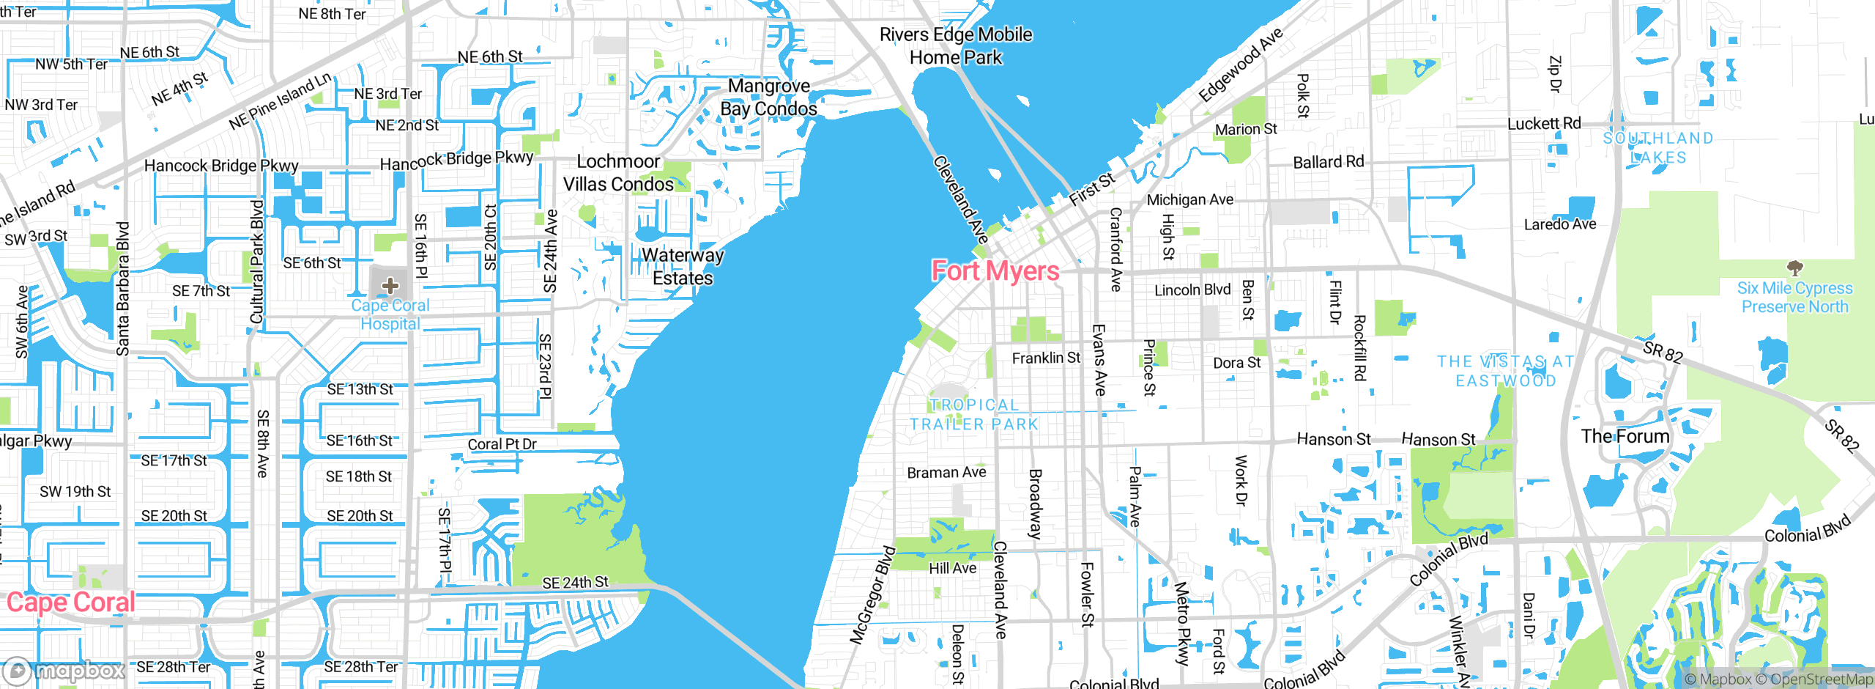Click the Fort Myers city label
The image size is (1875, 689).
(995, 271)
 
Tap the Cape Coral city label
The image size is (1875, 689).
(71, 603)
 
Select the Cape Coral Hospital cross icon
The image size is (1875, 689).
(390, 285)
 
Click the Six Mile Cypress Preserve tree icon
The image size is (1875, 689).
(1794, 268)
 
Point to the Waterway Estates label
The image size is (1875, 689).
(683, 267)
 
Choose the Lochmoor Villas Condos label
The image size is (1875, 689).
(618, 173)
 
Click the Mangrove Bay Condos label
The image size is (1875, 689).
(768, 97)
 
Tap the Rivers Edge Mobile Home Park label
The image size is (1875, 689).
(955, 45)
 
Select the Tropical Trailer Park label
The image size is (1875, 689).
(974, 415)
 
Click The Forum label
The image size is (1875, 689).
(1625, 437)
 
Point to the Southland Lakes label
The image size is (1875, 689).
(1658, 147)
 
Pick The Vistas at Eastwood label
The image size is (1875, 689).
(1505, 371)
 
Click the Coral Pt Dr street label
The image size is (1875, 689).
(502, 444)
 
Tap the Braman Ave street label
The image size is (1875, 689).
(946, 473)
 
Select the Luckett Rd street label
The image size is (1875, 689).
(1544, 124)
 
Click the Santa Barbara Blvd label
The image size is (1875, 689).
(123, 289)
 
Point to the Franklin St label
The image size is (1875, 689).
(1046, 358)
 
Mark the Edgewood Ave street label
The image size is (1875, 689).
(1241, 65)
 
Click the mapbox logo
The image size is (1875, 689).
(64, 671)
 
